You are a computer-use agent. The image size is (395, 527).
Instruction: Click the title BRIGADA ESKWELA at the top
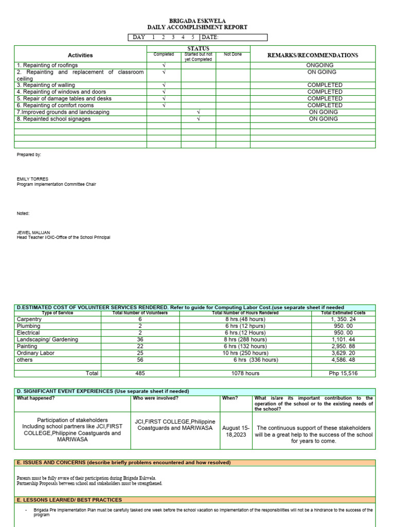click(x=197, y=21)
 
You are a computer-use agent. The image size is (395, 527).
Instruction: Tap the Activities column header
click(x=80, y=55)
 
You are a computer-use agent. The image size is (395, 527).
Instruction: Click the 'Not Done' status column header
click(x=232, y=54)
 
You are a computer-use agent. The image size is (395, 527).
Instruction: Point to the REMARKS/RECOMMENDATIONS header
click(x=313, y=55)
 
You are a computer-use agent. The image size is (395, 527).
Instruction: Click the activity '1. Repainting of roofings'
click(x=47, y=65)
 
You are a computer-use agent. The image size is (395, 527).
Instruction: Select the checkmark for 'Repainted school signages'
click(x=198, y=119)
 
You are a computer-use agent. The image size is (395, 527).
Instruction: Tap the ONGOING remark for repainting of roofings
click(x=320, y=65)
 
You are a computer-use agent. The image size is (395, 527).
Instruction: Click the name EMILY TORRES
click(x=32, y=179)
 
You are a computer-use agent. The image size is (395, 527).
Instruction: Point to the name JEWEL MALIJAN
click(x=33, y=233)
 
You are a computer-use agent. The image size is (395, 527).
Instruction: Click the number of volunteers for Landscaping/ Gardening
click(x=140, y=340)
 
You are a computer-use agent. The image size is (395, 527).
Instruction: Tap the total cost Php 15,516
click(x=343, y=373)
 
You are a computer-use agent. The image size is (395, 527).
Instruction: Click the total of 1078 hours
click(x=245, y=373)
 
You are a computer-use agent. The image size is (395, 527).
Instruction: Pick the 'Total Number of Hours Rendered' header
click(x=245, y=313)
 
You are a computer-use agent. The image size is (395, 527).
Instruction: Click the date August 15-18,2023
click(x=235, y=431)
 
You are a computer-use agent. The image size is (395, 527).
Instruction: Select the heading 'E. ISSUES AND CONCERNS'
click(x=123, y=463)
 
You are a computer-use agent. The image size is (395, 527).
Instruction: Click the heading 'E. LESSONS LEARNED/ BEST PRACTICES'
click(x=69, y=500)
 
